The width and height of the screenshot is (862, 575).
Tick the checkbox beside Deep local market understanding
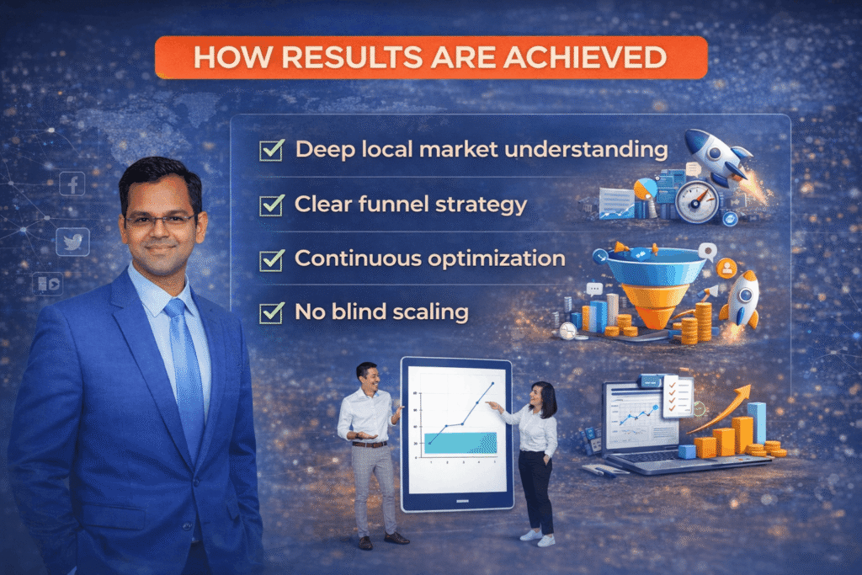click(271, 151)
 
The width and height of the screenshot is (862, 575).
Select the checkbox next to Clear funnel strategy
click(271, 205)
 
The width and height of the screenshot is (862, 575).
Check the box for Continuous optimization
click(271, 259)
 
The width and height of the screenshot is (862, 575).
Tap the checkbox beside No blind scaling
click(271, 313)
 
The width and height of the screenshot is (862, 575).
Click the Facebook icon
click(72, 184)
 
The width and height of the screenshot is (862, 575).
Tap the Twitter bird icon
click(72, 242)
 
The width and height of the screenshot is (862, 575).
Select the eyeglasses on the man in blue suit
click(159, 220)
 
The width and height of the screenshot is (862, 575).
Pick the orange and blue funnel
click(655, 287)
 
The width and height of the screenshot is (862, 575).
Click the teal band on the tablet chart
click(460, 442)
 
